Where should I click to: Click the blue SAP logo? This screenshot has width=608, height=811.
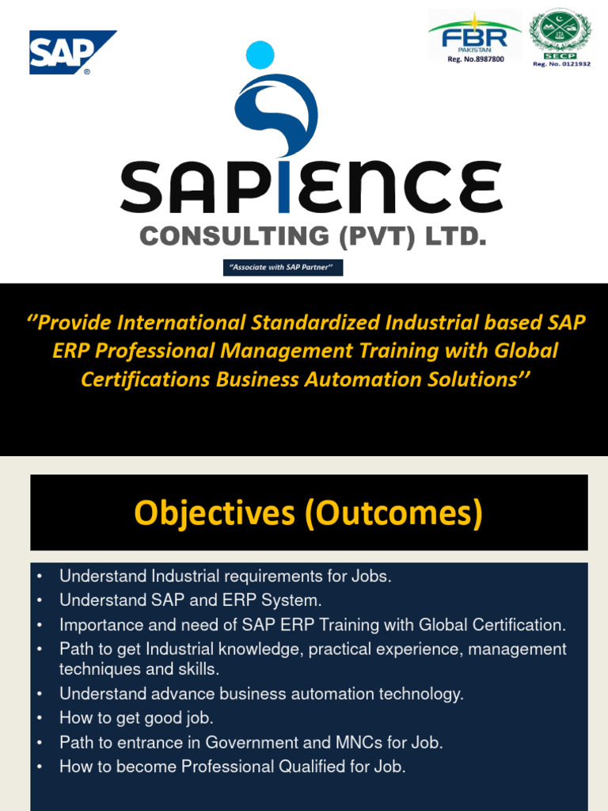tap(72, 52)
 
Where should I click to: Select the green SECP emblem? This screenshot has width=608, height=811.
tap(560, 32)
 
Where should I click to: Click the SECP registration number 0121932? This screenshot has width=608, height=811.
tap(561, 63)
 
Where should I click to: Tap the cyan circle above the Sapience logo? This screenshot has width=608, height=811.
tap(260, 55)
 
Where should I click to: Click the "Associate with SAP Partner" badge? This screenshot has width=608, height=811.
tap(283, 268)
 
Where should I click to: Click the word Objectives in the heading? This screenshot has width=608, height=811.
tap(213, 513)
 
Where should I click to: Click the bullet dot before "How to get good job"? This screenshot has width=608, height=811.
tap(39, 719)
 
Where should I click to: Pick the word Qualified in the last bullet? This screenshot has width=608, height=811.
tap(315, 767)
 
